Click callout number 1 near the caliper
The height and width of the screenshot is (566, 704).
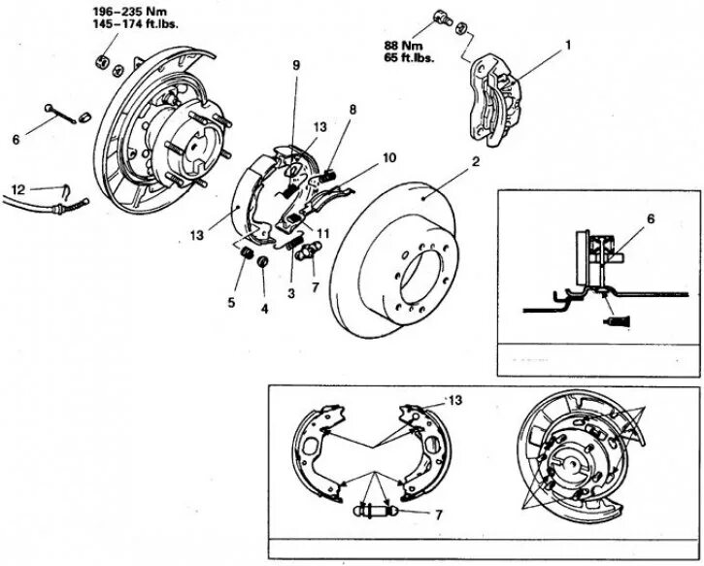point(569,46)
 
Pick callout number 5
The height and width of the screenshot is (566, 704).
point(231,303)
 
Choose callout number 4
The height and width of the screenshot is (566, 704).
point(265,309)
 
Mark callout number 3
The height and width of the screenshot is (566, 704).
point(290,293)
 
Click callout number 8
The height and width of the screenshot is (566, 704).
point(353,109)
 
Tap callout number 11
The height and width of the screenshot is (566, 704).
point(323,234)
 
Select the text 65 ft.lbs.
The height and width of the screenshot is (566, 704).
point(407,58)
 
